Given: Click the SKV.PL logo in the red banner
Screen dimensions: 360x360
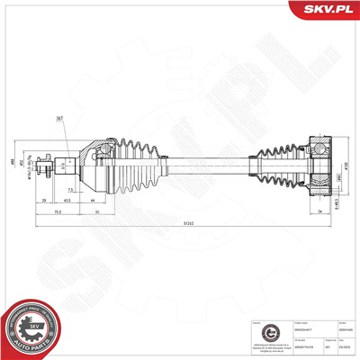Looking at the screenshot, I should pos(323,8).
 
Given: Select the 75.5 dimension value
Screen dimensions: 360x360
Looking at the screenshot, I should pos(56,212).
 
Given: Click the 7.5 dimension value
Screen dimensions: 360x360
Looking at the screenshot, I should pos(70,191).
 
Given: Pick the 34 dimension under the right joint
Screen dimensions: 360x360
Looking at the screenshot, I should pos(321,212).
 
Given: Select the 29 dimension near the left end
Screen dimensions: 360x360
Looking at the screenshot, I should pos(46,200).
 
